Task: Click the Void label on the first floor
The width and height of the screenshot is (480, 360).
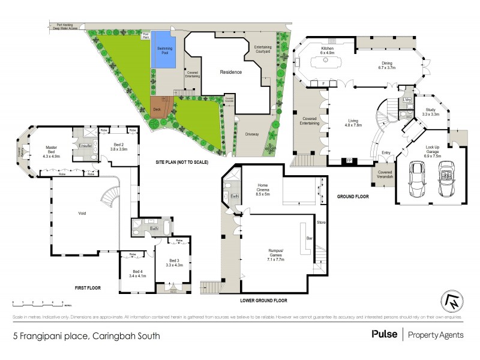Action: pos(82,213)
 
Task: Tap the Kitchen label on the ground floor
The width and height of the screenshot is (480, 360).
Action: pos(327,50)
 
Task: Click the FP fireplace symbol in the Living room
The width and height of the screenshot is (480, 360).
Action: pos(347,160)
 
